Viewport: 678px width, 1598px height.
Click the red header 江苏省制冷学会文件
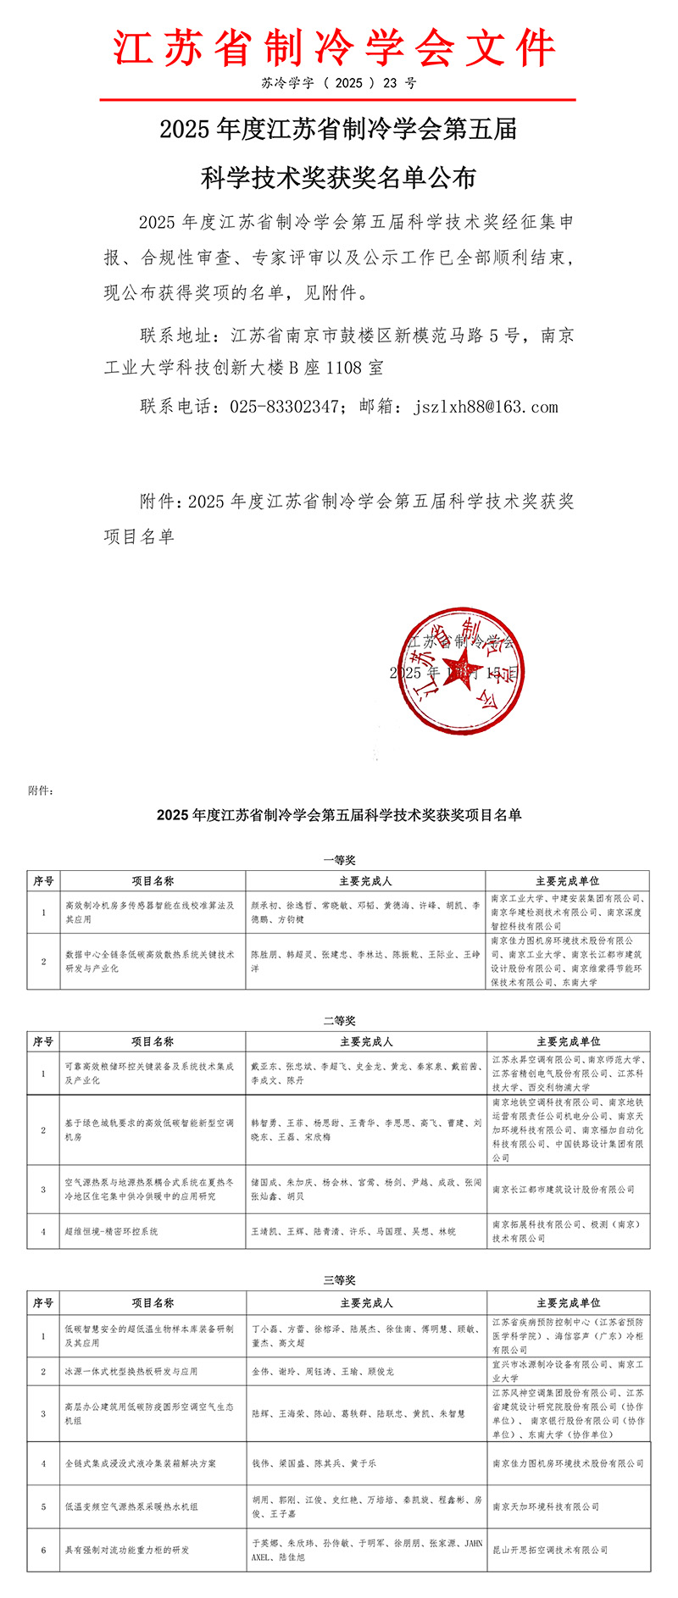pyautogui.click(x=336, y=47)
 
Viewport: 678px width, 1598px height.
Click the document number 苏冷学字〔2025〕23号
pyautogui.click(x=338, y=83)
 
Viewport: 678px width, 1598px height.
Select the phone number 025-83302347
pyautogui.click(x=284, y=407)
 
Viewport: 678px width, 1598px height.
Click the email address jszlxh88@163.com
pyautogui.click(x=486, y=407)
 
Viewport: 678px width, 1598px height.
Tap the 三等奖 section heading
pyautogui.click(x=339, y=1280)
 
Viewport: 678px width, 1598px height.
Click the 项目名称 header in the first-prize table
pyautogui.click(x=153, y=881)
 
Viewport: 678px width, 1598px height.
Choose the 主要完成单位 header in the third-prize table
pyautogui.click(x=568, y=1303)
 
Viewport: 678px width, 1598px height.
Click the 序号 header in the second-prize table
pyautogui.click(x=43, y=1042)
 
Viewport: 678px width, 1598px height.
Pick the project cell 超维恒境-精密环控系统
pyautogui.click(x=112, y=1231)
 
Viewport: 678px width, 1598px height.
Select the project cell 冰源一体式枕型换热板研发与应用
pyautogui.click(x=131, y=1371)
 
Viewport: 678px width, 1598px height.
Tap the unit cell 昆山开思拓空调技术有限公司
pyautogui.click(x=551, y=1550)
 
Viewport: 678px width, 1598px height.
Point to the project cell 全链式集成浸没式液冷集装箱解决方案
pyautogui.click(x=141, y=1463)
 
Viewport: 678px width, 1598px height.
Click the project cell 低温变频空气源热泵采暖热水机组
pyautogui.click(x=131, y=1506)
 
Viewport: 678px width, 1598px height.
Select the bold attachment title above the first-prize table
pyautogui.click(x=339, y=816)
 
